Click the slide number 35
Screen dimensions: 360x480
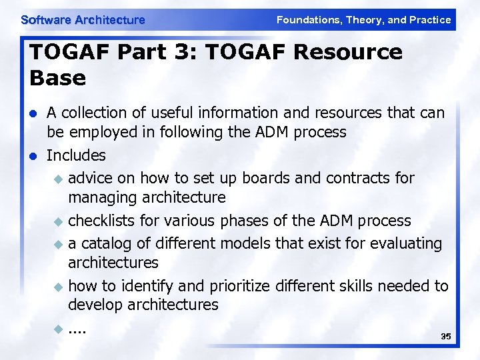pos(446,337)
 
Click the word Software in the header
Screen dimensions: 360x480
pos(46,20)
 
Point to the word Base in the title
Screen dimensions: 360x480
pos(58,79)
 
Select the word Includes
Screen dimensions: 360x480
pos(76,155)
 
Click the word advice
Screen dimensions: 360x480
pos(90,178)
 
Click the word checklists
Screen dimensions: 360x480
pos(102,221)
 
